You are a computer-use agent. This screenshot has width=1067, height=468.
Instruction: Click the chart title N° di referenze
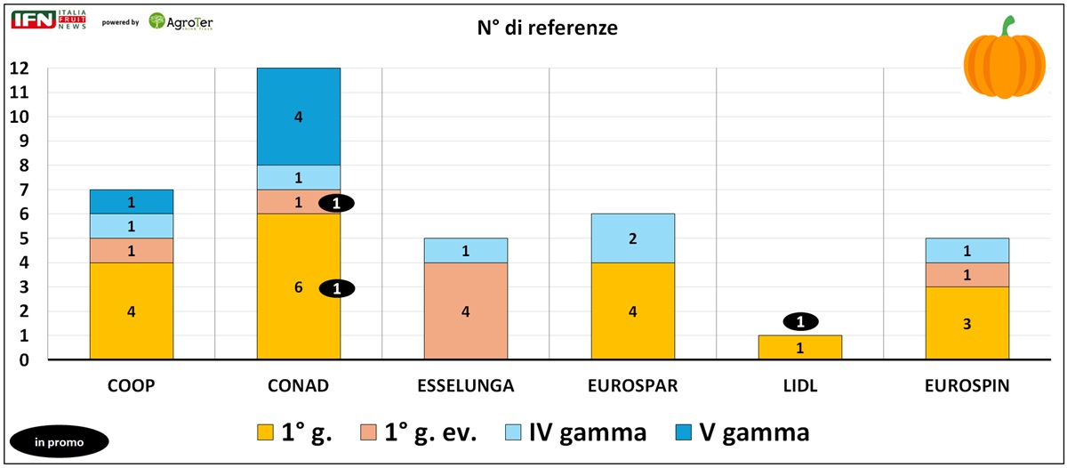tap(547, 28)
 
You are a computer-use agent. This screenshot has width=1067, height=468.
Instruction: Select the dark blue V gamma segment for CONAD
tap(299, 117)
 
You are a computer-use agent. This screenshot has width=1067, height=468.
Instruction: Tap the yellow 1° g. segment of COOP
tap(132, 311)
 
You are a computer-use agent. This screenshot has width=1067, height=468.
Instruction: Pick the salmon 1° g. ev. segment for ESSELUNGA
tap(466, 311)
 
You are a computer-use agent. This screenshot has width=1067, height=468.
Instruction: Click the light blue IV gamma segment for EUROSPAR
tap(633, 238)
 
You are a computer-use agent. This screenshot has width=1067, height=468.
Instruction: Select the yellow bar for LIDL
tap(800, 348)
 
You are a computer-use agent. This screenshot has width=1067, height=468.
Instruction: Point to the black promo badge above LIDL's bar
tap(800, 322)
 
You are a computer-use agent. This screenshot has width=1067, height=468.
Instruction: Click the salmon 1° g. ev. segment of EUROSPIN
tap(967, 275)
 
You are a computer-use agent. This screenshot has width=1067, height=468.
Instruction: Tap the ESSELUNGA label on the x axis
tap(466, 387)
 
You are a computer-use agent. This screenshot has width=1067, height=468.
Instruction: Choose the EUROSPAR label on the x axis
tap(633, 387)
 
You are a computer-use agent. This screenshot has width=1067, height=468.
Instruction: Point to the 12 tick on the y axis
tap(19, 69)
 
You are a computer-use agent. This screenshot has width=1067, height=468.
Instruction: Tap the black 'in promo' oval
tap(59, 441)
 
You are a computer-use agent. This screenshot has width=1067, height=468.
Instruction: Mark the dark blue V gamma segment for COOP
tap(132, 202)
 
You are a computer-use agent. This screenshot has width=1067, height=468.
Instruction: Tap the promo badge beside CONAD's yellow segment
tap(336, 288)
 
